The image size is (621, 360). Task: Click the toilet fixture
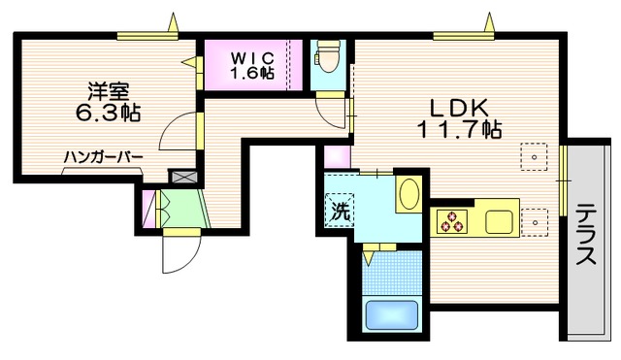pos(327,58)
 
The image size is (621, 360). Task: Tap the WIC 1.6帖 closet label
pos(252,66)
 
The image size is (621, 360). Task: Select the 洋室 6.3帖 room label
pos(108,102)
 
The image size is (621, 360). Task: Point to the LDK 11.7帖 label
pos(460,118)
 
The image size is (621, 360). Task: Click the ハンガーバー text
pos(103,157)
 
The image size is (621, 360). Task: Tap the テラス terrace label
pos(586,235)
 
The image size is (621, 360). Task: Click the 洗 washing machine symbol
pos(340,210)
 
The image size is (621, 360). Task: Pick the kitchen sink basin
pos(500,222)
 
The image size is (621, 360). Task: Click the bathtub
pos(392,314)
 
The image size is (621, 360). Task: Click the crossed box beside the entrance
pos(183,177)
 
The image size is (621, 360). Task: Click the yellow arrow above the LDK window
pos(489,22)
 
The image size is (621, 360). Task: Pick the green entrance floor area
pos(184,209)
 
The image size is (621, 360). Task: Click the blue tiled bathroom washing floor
pos(392,273)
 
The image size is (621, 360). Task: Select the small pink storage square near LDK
pos(337,157)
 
